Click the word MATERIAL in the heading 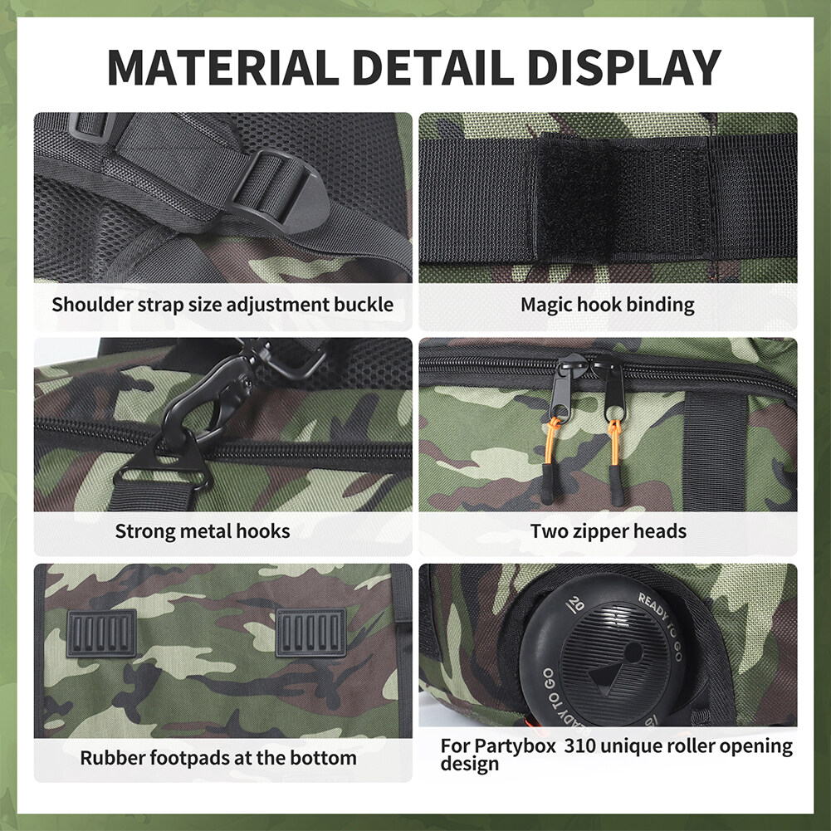coord(223,67)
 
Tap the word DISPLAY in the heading coord(623,67)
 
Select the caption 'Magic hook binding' coord(608,306)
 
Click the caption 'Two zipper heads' coord(609,531)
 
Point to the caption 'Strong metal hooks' coord(203,531)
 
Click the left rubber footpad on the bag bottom coord(101,633)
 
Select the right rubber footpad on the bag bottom coord(310,633)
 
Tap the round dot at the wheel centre coord(633,653)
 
